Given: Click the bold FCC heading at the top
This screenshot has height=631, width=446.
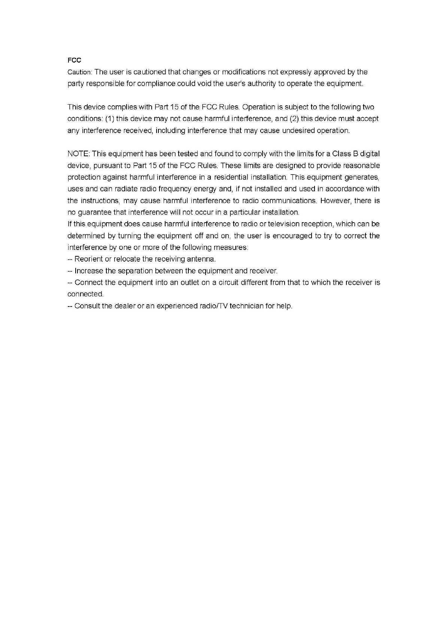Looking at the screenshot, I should [x=74, y=60].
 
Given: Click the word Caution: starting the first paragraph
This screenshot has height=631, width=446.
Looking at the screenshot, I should [x=79, y=72].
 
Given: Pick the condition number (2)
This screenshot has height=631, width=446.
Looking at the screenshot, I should [x=294, y=119].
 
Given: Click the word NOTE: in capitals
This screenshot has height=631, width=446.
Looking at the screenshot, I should [x=79, y=154].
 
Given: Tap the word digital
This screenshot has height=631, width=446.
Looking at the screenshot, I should [x=370, y=154].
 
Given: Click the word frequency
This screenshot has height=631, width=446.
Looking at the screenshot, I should [x=175, y=189].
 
